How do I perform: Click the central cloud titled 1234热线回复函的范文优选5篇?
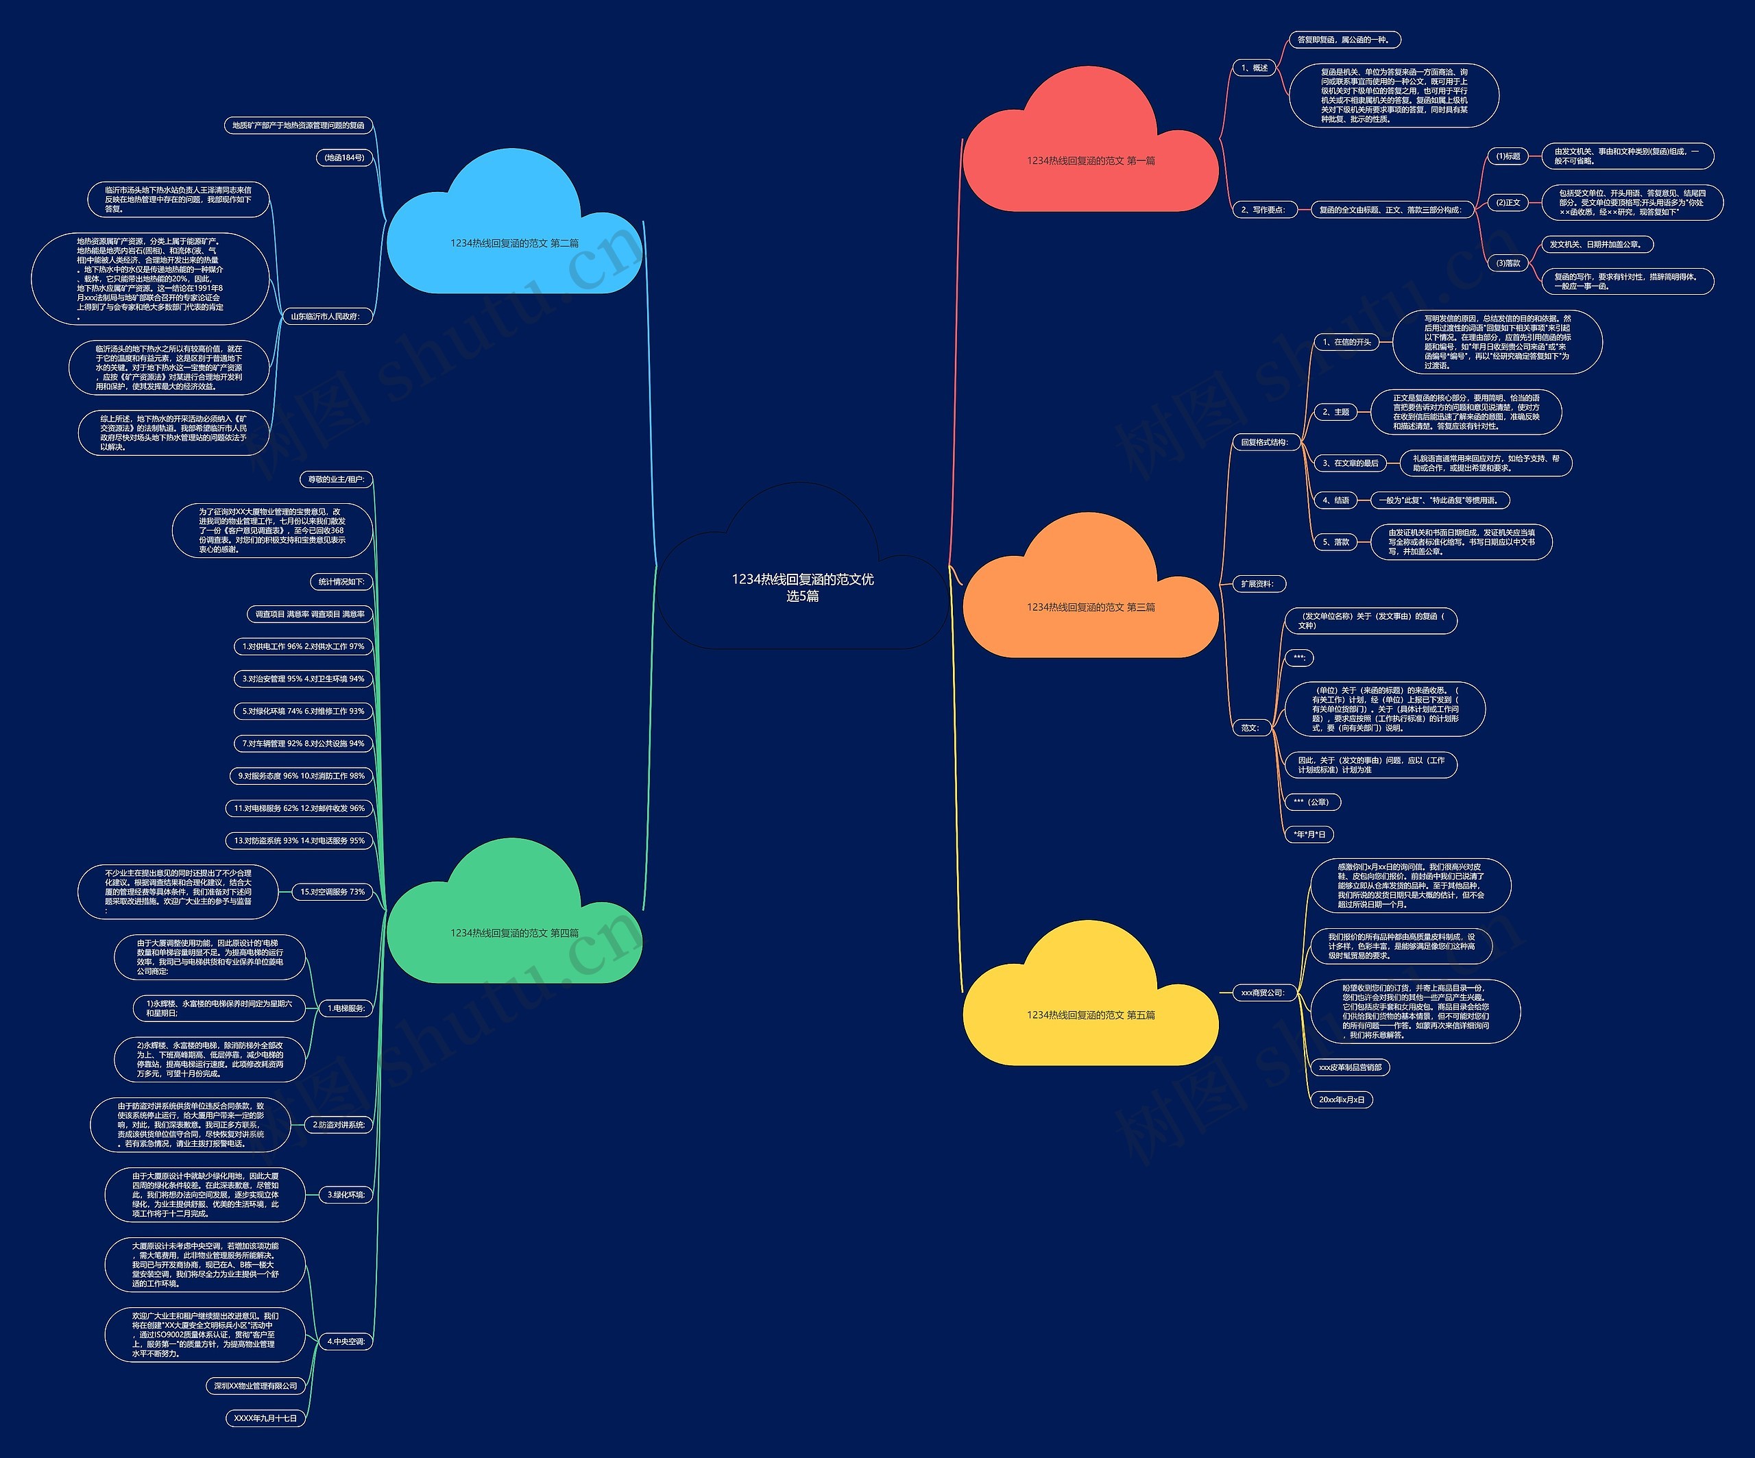click(802, 587)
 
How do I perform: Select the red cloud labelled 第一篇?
click(1091, 160)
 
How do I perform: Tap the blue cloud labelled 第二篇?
click(514, 243)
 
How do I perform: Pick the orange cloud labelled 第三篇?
click(1091, 607)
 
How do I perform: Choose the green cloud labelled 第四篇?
click(514, 932)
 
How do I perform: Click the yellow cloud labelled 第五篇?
click(1091, 1015)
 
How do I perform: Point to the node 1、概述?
click(1255, 68)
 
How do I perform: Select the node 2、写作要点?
click(1263, 210)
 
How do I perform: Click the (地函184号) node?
click(344, 157)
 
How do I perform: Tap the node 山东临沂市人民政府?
click(324, 317)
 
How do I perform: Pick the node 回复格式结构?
click(1264, 442)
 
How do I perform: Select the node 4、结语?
click(1335, 500)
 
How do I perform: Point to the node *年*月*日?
click(1309, 834)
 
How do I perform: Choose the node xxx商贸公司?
click(1262, 993)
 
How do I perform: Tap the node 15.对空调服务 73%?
click(332, 892)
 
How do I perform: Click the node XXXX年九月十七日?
click(265, 1418)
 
